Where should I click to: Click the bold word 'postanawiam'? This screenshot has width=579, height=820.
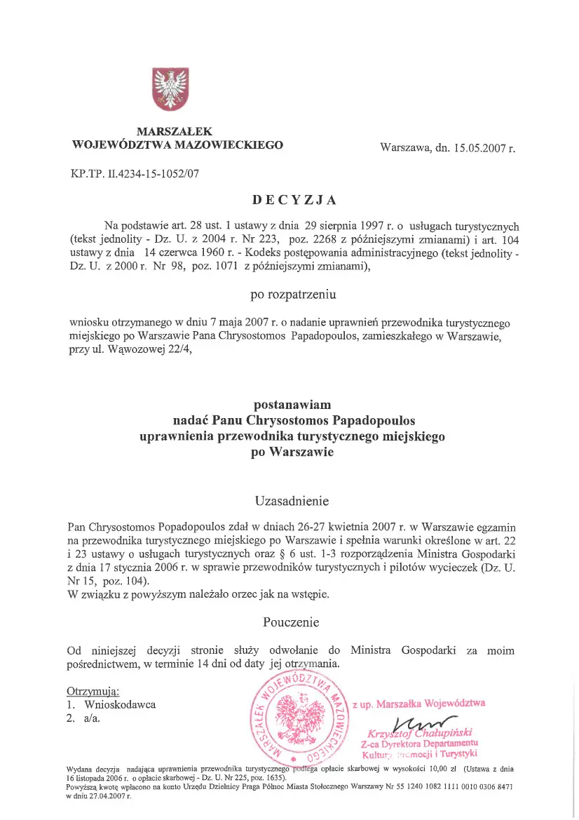[292, 405]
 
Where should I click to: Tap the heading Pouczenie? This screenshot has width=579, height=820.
[291, 622]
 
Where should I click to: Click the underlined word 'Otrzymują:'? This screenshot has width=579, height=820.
[93, 691]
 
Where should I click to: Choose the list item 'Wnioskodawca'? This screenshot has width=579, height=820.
[120, 704]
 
